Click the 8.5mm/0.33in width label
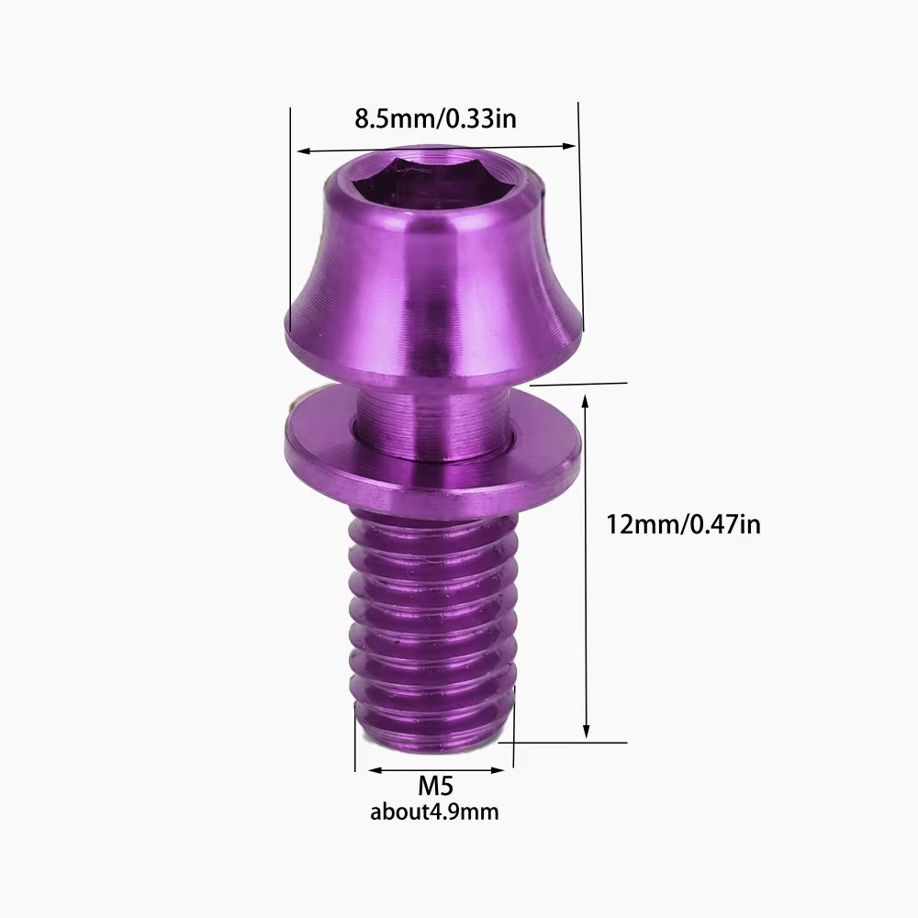[435, 118]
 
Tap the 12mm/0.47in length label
[683, 524]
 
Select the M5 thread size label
[435, 786]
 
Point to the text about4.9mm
[434, 812]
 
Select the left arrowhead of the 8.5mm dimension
[304, 151]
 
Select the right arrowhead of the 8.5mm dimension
[568, 146]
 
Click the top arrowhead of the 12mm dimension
[585, 400]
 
